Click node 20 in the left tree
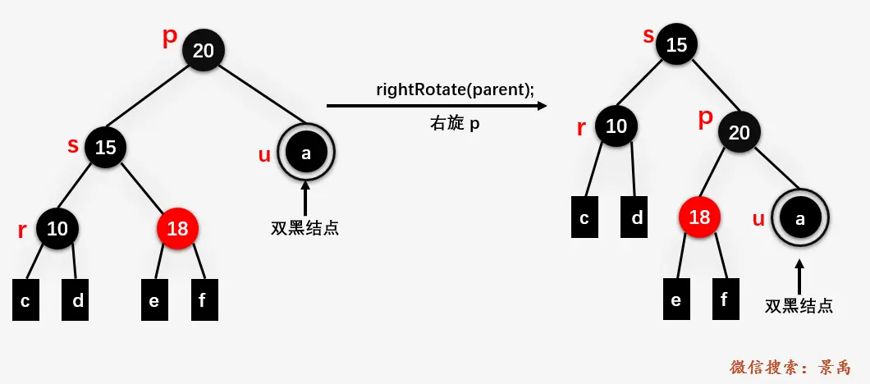click(x=203, y=51)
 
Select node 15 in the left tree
click(x=105, y=148)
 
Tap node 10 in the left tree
click(x=57, y=229)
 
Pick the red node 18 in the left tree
click(x=177, y=229)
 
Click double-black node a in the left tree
click(x=306, y=152)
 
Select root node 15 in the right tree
click(x=676, y=45)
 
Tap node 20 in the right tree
click(x=739, y=132)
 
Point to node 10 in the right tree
click(x=616, y=126)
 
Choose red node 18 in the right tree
click(x=699, y=217)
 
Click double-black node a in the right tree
click(x=800, y=217)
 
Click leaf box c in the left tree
click(x=25, y=300)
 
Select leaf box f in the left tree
click(x=204, y=300)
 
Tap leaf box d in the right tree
click(x=637, y=218)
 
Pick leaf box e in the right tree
click(x=675, y=299)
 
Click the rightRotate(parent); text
click(x=455, y=89)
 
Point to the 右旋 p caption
click(x=455, y=123)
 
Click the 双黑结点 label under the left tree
click(x=304, y=228)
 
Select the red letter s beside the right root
click(x=648, y=36)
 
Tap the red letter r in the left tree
click(x=22, y=231)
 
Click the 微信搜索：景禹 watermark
click(x=790, y=367)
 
